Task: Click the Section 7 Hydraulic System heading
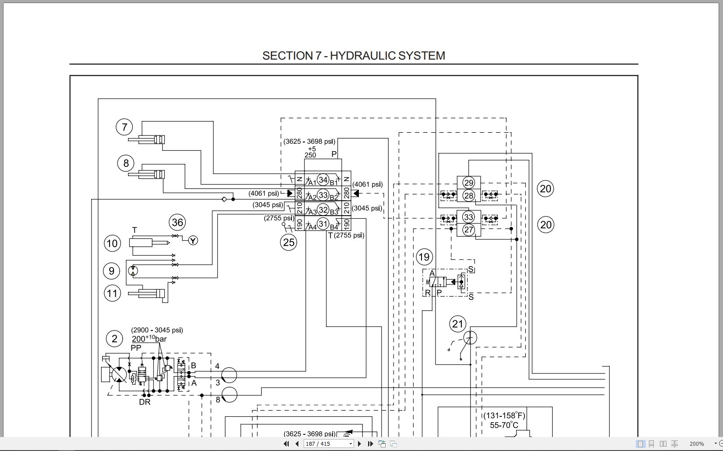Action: (x=354, y=56)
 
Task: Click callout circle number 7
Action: (x=124, y=127)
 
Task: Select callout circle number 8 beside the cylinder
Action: (x=126, y=163)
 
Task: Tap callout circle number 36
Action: (x=177, y=223)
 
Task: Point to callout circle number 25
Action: (x=289, y=242)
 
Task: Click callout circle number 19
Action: (x=424, y=257)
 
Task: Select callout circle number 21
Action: (x=457, y=324)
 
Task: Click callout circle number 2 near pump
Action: (x=114, y=339)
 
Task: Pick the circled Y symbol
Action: (x=193, y=240)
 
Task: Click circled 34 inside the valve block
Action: (x=323, y=180)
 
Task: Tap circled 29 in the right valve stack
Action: (x=469, y=183)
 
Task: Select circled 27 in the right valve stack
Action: (x=469, y=230)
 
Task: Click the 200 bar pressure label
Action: (x=149, y=339)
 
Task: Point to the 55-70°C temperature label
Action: (x=504, y=425)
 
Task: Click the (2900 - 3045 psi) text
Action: (x=157, y=330)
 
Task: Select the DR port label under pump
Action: (x=145, y=402)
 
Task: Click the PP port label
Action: (x=136, y=348)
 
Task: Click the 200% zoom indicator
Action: (x=697, y=444)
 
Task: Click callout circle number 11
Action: (x=112, y=293)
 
